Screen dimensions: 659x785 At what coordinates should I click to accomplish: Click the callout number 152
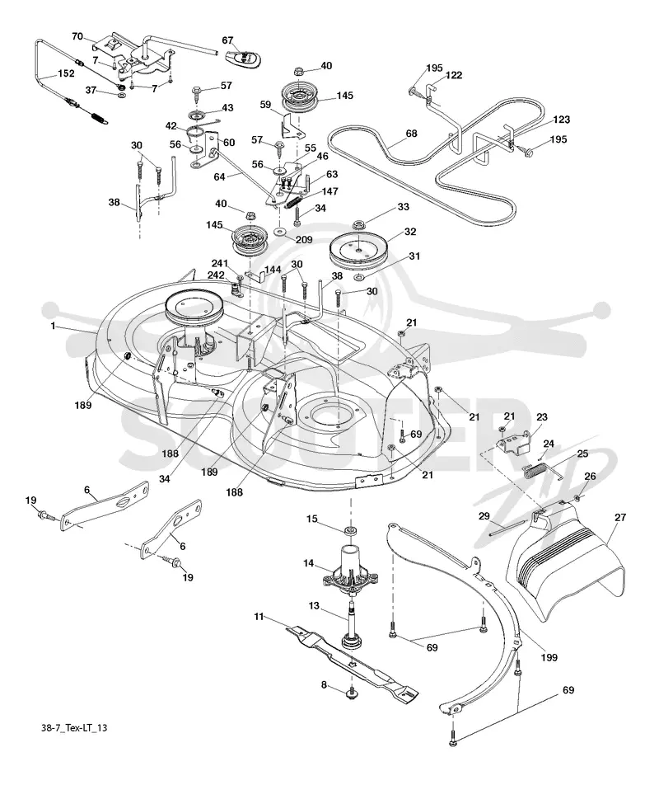(66, 73)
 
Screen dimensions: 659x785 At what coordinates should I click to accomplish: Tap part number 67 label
(227, 40)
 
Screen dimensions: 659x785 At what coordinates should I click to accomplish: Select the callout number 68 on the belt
(412, 134)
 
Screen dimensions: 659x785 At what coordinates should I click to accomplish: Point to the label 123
(562, 119)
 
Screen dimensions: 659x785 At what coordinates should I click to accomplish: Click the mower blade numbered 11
(352, 660)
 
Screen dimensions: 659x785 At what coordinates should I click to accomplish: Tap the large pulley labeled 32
(359, 251)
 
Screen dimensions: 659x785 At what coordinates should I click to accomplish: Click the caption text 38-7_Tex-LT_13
(74, 727)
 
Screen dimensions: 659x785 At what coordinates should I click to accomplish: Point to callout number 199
(549, 657)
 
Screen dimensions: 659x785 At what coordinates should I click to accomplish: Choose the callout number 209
(304, 239)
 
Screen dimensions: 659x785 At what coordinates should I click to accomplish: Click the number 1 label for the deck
(53, 327)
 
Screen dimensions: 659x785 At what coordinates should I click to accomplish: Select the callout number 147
(330, 191)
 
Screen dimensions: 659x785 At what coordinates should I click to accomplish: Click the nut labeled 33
(358, 223)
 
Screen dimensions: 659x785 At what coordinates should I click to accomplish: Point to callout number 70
(77, 36)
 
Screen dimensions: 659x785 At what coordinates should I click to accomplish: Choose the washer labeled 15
(350, 530)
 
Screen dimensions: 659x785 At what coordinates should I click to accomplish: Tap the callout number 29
(484, 515)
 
